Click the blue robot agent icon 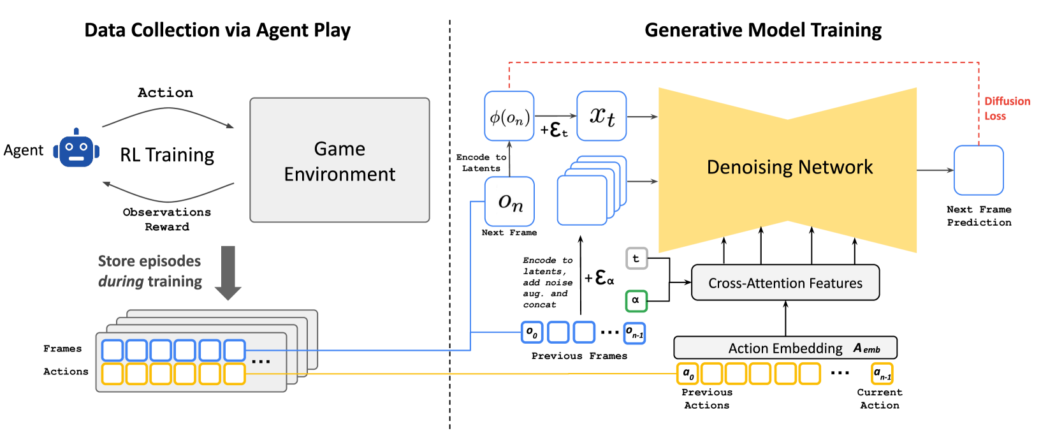76,149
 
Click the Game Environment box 339,160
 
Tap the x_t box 601,116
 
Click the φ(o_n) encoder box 509,116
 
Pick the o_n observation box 509,202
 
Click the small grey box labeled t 636,258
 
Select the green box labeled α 636,300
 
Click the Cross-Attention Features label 785,283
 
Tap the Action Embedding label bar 785,348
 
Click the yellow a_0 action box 687,373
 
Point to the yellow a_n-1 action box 882,374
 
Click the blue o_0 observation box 532,332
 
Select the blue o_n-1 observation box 634,333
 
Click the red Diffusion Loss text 1006,108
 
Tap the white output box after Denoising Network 978,170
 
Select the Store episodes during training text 150,271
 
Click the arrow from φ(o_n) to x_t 555,116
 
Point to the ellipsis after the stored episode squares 261,362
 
